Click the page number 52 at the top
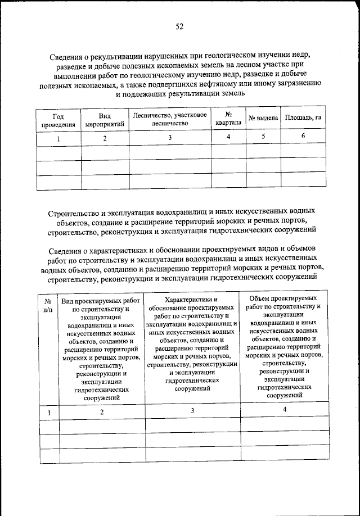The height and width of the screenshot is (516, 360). point(179,26)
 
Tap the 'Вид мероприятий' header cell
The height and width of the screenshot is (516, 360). point(105,119)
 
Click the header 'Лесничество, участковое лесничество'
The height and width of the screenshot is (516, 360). point(170,119)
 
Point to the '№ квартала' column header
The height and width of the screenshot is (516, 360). point(228,119)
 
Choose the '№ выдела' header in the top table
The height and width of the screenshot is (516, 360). point(263,119)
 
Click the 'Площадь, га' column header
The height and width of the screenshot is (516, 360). point(303,119)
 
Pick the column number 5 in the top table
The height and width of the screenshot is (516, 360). point(263,137)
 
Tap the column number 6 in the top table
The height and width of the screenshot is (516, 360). point(303,137)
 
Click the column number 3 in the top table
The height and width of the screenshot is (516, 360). point(170,138)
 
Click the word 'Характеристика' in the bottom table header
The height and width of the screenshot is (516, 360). point(192,301)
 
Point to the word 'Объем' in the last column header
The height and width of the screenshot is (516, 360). point(259,298)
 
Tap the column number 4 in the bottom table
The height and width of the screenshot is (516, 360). point(285,410)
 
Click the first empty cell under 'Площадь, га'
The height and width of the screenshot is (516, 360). point(303,153)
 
